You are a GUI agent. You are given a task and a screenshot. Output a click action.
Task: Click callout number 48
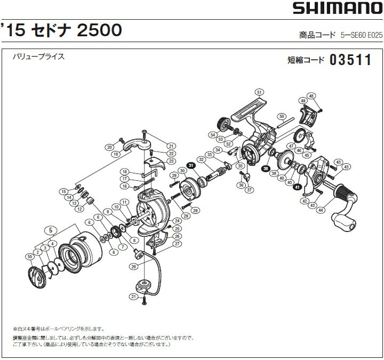pyautogui.click(x=311, y=96)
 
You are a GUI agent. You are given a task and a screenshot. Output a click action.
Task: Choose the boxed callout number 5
pyautogui.click(x=50, y=230)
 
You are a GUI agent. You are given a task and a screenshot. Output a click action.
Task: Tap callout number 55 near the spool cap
pyautogui.click(x=30, y=257)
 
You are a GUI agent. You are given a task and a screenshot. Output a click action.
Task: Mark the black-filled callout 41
pyautogui.click(x=297, y=187)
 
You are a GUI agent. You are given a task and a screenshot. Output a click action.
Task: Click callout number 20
pyautogui.click(x=109, y=147)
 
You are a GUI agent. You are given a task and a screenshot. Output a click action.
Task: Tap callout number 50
pyautogui.click(x=282, y=116)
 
